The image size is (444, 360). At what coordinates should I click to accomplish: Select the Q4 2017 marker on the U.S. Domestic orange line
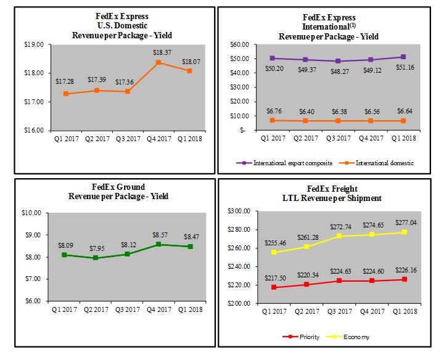click(158, 62)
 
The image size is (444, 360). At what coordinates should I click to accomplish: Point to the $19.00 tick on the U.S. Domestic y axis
click(35, 44)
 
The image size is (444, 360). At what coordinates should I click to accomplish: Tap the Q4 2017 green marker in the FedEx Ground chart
click(158, 244)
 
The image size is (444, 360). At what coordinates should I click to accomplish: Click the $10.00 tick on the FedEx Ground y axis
click(35, 213)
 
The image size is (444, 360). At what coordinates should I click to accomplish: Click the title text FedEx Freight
click(333, 188)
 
